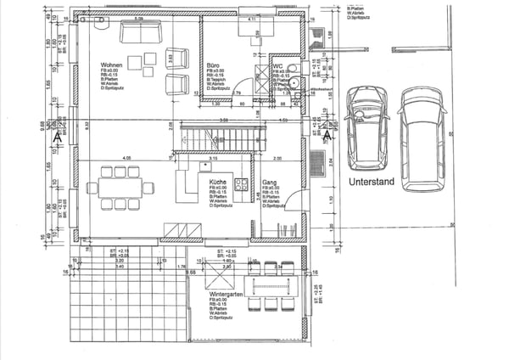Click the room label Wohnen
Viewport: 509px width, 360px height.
[x=114, y=65]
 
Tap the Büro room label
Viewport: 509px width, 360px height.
[x=214, y=65]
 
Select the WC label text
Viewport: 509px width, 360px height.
[x=277, y=65]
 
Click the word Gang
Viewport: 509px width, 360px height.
[x=270, y=183]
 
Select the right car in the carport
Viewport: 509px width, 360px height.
[x=422, y=138]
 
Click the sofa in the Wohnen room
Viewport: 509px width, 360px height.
[x=142, y=32]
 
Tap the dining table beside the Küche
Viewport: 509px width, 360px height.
[x=120, y=188]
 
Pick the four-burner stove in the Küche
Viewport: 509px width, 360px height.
[x=241, y=183]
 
